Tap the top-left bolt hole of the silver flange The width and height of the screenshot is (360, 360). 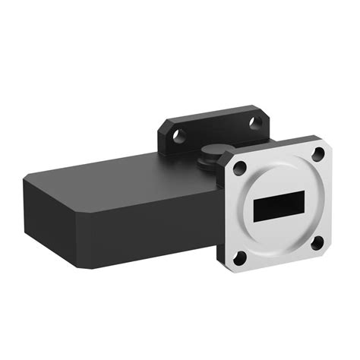click(x=240, y=168)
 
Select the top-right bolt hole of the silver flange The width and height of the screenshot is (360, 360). click(x=318, y=154)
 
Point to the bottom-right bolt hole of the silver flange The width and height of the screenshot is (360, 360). click(x=317, y=243)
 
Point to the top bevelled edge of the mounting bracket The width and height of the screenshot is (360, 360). click(x=213, y=113)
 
